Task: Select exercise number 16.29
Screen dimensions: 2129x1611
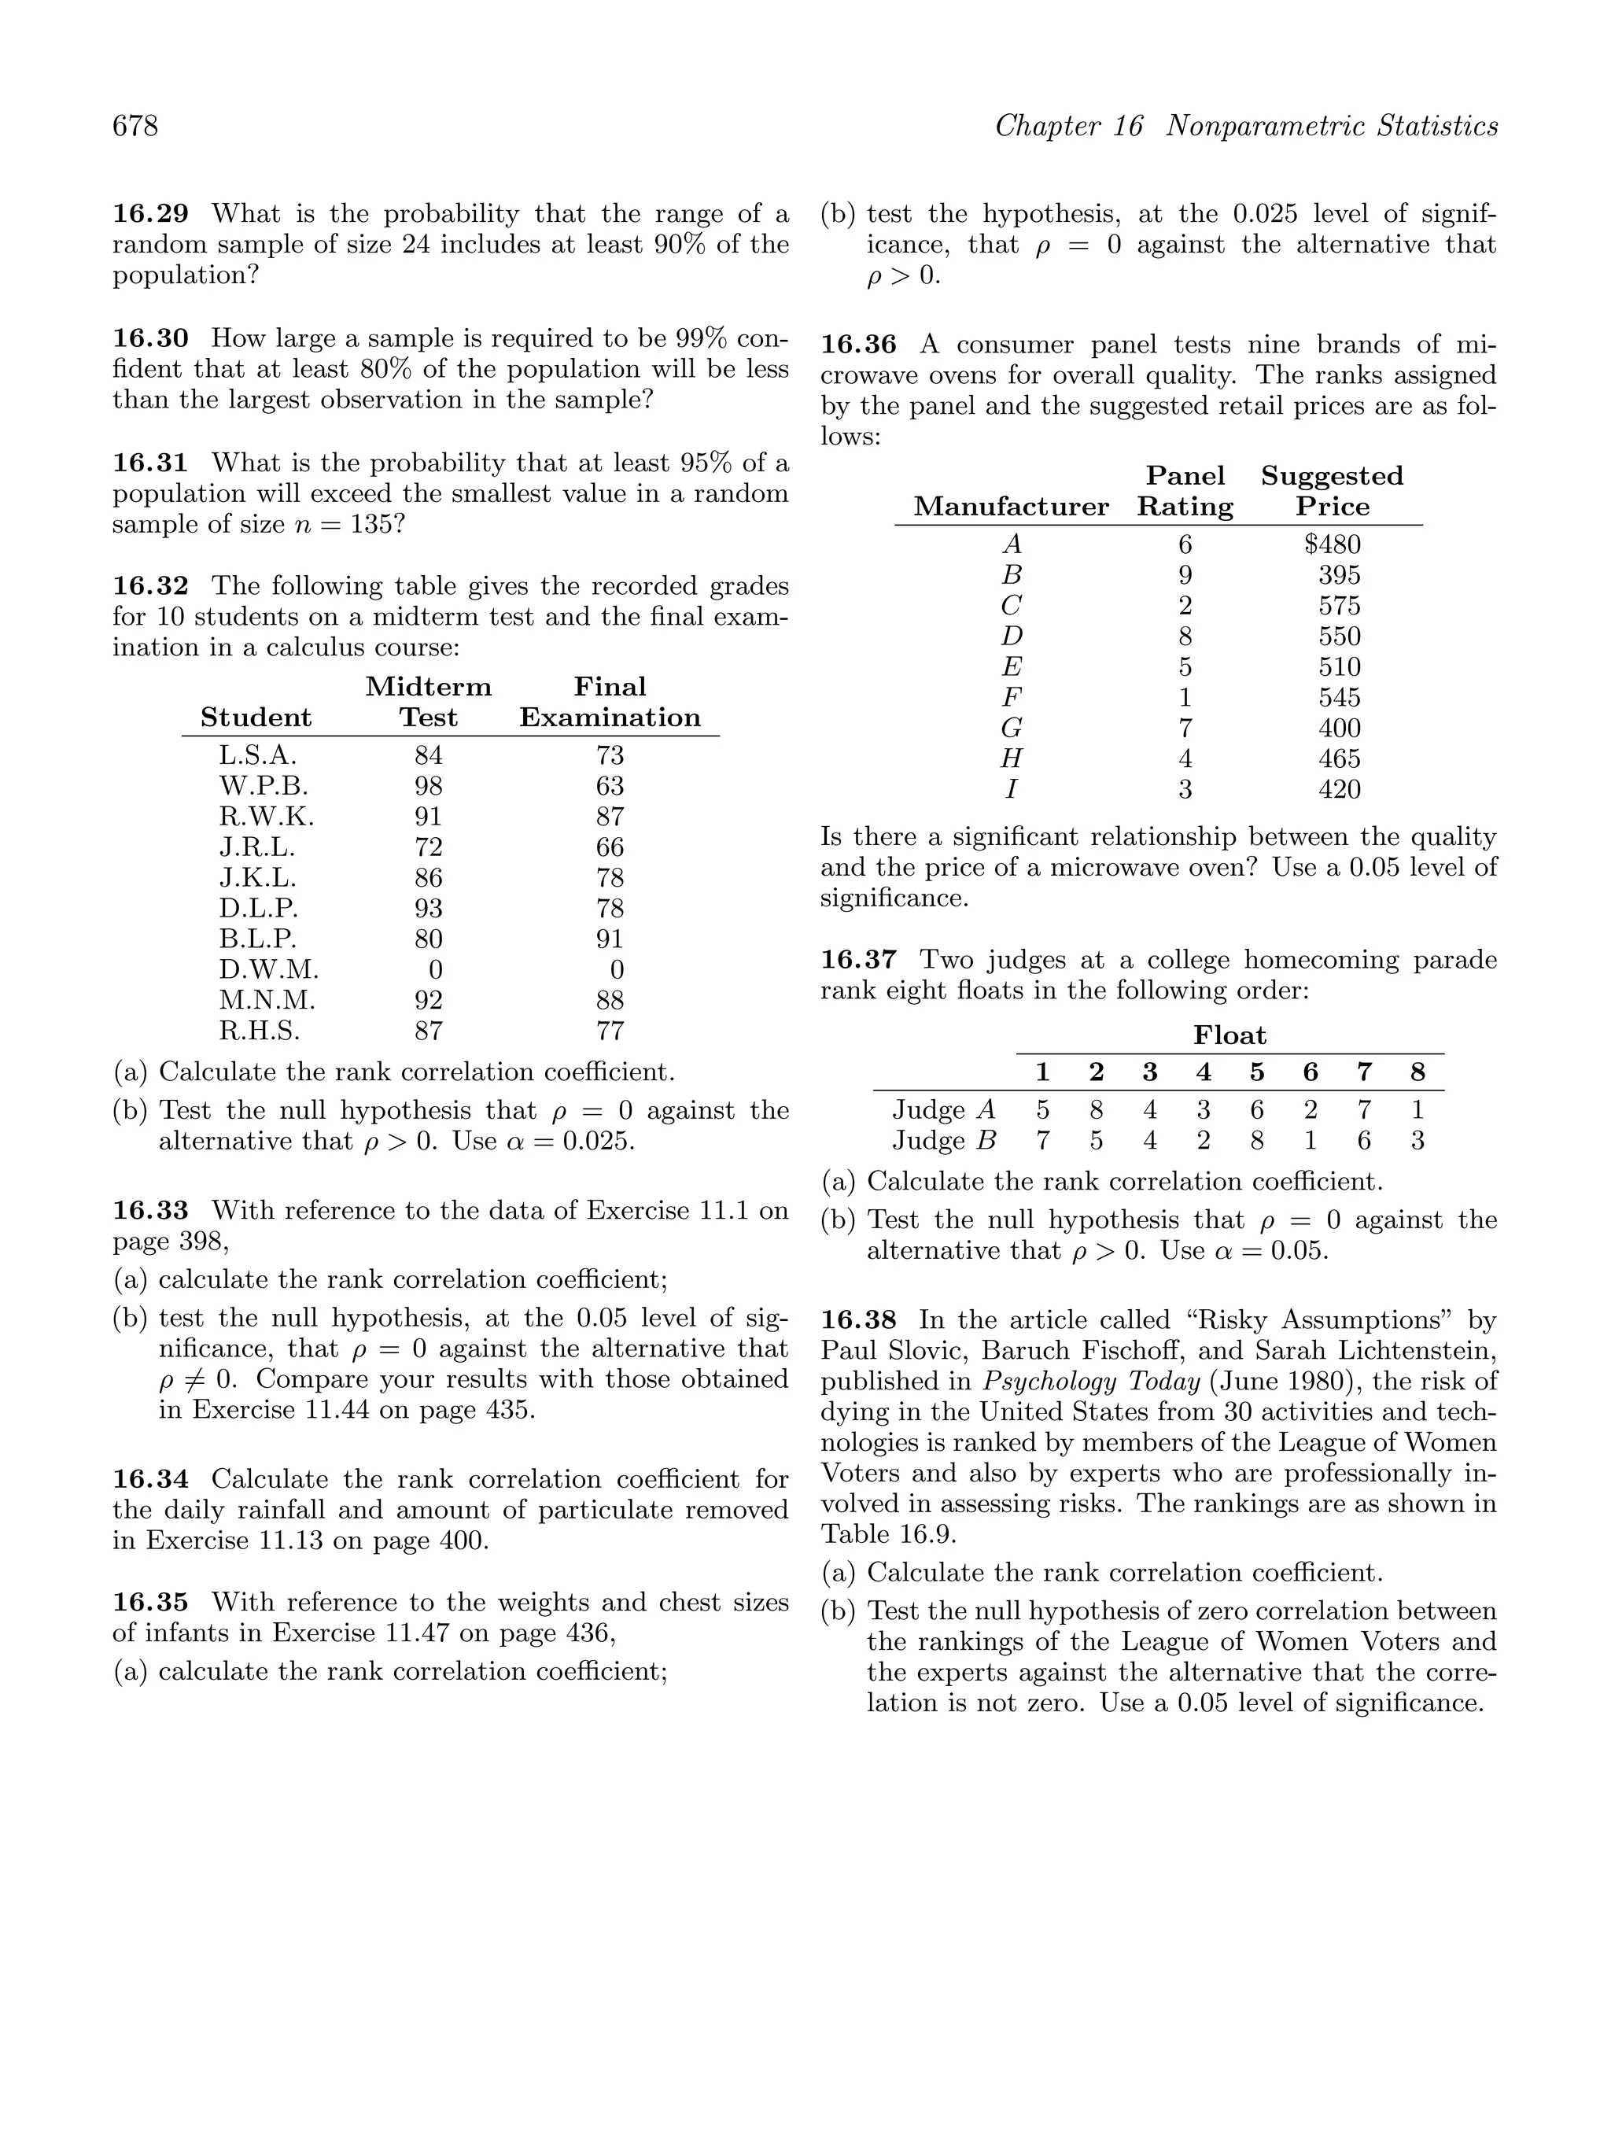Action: click(x=151, y=214)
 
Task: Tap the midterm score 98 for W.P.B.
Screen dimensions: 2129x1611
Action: click(x=428, y=786)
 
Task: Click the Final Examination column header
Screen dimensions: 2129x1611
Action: click(x=610, y=703)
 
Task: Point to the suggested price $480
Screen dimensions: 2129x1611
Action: click(x=1332, y=544)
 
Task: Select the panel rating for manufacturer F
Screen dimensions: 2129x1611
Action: click(x=1185, y=698)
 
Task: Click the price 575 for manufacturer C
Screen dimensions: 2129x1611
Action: click(x=1339, y=607)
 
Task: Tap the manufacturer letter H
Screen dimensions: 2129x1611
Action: click(x=1012, y=759)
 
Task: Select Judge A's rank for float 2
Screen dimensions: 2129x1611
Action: click(x=1095, y=1111)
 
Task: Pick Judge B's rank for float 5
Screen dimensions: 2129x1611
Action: click(x=1256, y=1142)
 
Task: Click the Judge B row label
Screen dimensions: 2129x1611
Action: click(x=943, y=1142)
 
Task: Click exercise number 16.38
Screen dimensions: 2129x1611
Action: click(x=858, y=1320)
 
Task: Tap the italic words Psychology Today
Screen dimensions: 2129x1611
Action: click(x=1091, y=1382)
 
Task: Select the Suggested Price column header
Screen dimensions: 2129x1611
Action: click(x=1332, y=491)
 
